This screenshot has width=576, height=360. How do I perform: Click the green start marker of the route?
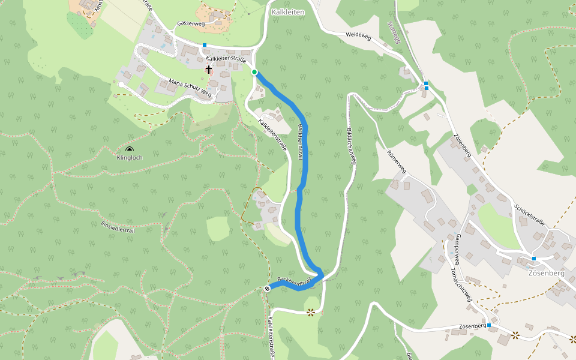pyautogui.click(x=254, y=72)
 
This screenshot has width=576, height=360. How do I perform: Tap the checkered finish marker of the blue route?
pyautogui.click(x=267, y=289)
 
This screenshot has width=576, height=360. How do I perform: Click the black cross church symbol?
pyautogui.click(x=209, y=70)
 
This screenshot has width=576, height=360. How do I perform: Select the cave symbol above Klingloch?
pyautogui.click(x=130, y=149)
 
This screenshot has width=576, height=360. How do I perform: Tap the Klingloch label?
pyautogui.click(x=130, y=158)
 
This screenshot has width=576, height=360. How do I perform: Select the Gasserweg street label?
pyautogui.click(x=191, y=24)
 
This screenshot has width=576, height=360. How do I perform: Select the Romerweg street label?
pyautogui.click(x=397, y=162)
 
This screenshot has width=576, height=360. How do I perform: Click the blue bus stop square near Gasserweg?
pyautogui.click(x=205, y=45)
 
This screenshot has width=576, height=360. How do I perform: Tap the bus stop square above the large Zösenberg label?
pyautogui.click(x=533, y=259)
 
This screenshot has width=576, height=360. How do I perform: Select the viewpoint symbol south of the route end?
pyautogui.click(x=311, y=312)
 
